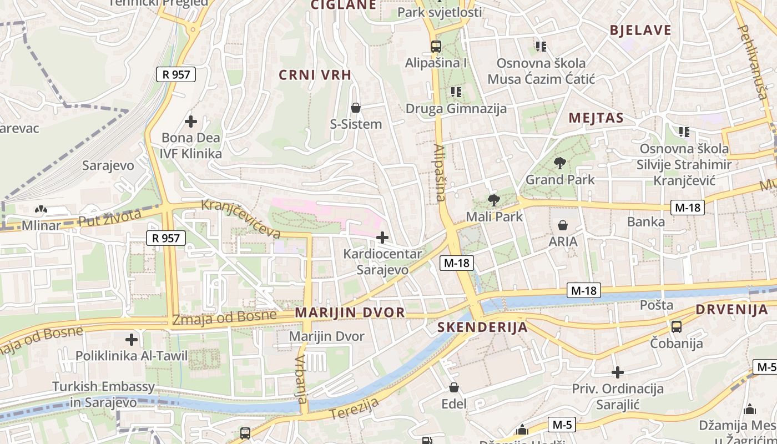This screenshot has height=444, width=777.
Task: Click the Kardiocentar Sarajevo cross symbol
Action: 382,238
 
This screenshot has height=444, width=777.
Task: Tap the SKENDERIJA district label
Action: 482,327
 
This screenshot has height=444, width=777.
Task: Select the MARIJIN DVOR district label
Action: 350,312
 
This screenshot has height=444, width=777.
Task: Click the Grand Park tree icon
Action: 559,163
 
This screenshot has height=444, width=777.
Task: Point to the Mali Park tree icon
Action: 493,200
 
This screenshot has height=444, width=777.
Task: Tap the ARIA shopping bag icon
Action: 563,225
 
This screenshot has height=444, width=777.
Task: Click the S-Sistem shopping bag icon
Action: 356,108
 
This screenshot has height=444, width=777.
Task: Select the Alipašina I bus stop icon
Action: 436,47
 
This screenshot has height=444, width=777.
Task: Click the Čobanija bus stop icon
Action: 677,327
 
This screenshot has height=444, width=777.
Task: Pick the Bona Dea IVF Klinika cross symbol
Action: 191,121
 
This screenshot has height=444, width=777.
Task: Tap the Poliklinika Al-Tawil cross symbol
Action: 132,339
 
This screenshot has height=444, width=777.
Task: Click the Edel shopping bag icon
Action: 454,387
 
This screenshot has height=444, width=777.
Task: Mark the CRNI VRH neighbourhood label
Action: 315,75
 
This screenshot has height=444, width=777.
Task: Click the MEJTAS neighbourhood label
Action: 596,118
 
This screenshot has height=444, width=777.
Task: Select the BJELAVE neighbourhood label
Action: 640,31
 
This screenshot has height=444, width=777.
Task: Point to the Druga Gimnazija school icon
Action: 456,92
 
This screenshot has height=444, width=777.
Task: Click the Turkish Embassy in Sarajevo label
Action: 103,394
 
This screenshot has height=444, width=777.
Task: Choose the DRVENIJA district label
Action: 731,310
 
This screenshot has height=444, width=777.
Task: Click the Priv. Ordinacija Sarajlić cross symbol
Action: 618,372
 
